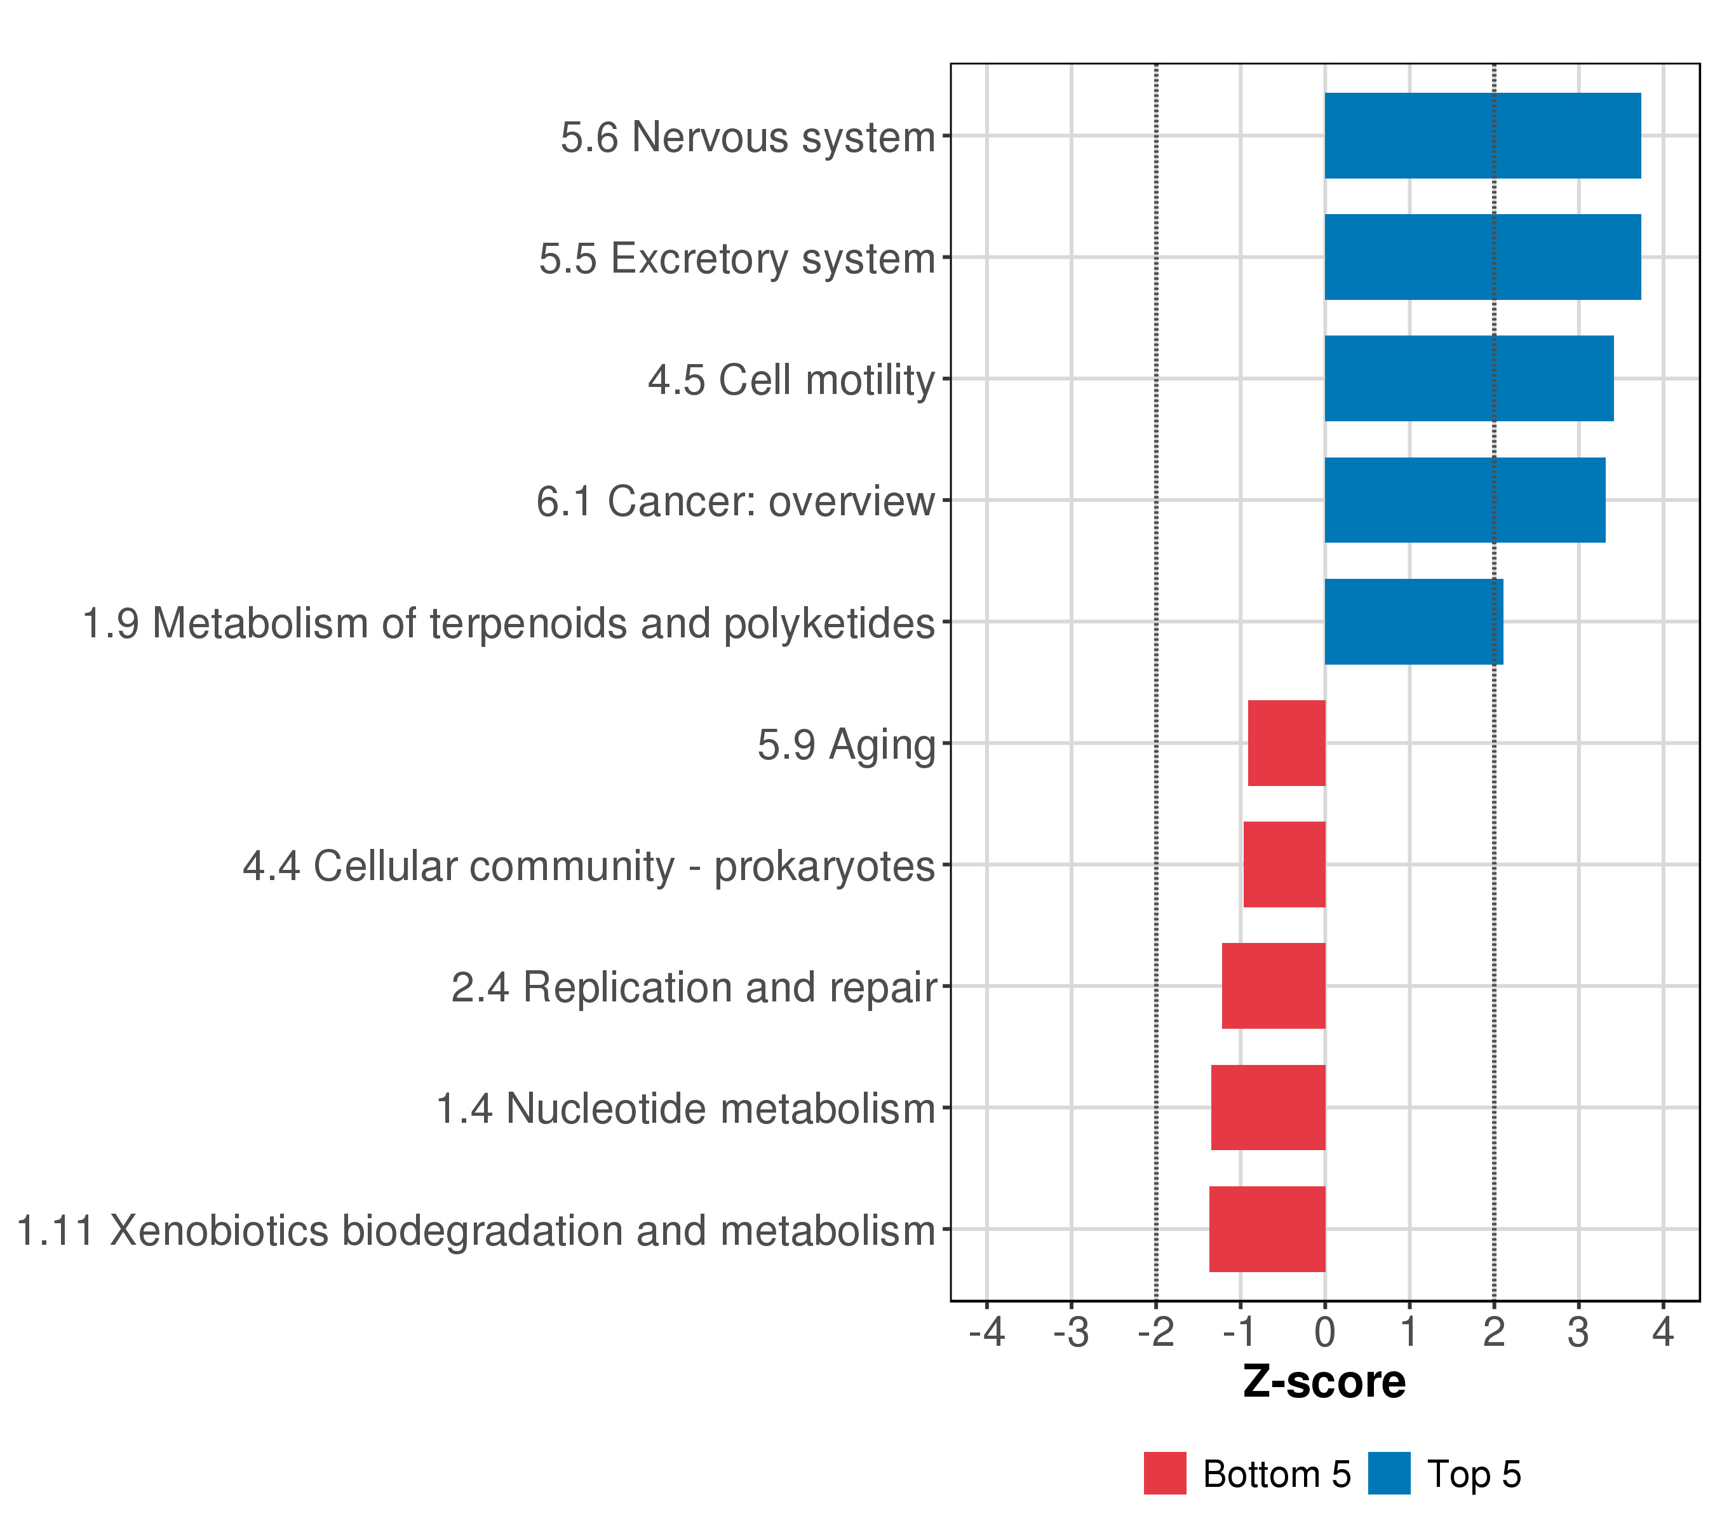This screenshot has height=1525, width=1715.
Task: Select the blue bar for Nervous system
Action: click(x=1482, y=136)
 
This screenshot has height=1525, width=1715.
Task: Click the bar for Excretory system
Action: click(x=1482, y=257)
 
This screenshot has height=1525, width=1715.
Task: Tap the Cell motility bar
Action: click(x=1469, y=379)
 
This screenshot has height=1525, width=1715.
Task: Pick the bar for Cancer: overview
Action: click(x=1464, y=500)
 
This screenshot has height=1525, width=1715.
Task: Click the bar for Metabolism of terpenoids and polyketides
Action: click(x=1413, y=622)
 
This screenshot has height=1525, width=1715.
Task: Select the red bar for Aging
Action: click(x=1286, y=743)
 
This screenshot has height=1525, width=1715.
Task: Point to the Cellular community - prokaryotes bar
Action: click(x=1284, y=864)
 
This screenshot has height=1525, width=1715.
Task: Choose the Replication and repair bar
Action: click(x=1273, y=986)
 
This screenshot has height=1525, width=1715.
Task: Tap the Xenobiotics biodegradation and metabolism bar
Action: click(x=1267, y=1229)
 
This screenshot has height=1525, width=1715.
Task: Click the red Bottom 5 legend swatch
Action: click(x=1164, y=1473)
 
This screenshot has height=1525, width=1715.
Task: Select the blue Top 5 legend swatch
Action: click(x=1389, y=1473)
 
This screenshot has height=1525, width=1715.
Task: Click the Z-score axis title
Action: click(x=1324, y=1381)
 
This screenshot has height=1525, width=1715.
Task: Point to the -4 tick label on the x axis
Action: click(x=986, y=1331)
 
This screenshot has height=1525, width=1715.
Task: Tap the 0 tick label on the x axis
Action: click(x=1325, y=1331)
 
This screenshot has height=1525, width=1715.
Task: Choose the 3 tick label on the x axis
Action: click(x=1578, y=1331)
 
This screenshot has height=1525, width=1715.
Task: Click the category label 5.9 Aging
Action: click(x=846, y=745)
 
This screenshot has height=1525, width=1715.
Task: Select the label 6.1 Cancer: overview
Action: click(x=735, y=501)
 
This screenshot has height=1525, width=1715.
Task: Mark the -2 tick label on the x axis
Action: click(x=1155, y=1331)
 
